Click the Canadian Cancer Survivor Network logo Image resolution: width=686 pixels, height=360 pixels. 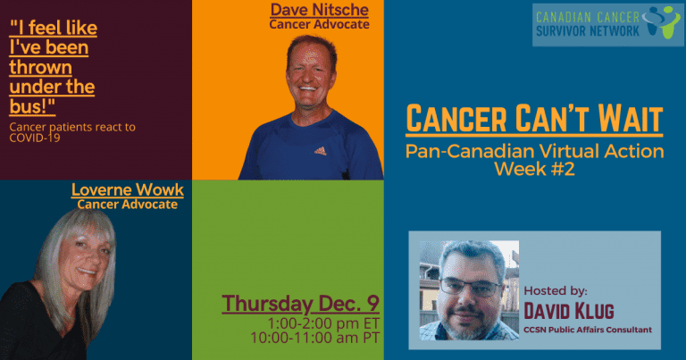coord(607,25)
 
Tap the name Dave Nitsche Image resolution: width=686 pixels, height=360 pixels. coord(320,10)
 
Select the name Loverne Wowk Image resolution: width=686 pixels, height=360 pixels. coord(128,190)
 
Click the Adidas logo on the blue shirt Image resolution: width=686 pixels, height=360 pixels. coord(321,151)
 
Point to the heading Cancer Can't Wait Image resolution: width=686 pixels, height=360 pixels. coord(534,118)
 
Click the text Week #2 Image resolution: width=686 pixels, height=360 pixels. coord(534,169)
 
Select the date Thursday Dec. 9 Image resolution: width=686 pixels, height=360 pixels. coord(300,304)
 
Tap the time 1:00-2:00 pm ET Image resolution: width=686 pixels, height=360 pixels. coord(323,323)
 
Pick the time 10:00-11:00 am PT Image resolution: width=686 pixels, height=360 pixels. coord(315,338)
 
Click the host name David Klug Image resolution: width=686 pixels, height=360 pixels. coord(569,311)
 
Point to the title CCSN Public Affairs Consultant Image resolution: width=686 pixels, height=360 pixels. coord(588,330)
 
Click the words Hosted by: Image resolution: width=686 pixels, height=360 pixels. coord(556,291)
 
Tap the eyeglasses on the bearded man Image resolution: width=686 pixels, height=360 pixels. coord(471,287)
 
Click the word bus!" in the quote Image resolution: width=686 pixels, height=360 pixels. coord(32,106)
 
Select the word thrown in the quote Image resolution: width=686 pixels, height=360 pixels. coord(41,67)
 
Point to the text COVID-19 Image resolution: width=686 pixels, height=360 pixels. coord(35,138)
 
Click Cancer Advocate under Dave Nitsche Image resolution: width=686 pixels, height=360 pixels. coord(320,24)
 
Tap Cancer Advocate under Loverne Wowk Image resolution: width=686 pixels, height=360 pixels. coord(128,205)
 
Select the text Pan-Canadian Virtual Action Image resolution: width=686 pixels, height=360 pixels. coord(535,151)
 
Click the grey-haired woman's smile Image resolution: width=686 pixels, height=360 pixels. coord(86,272)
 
